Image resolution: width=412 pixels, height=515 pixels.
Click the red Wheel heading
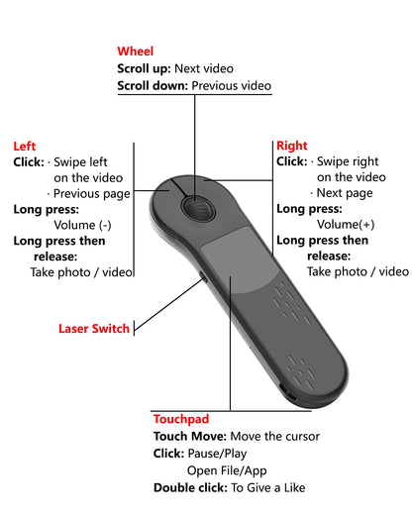[x=136, y=51]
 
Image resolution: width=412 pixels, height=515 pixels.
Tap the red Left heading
[x=25, y=146]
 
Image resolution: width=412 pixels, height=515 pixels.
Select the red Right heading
[x=292, y=146]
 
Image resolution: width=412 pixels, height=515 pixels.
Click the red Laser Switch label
[x=94, y=329]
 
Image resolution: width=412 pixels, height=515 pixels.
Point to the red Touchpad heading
[x=181, y=420]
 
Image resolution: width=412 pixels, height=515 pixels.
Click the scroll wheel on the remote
[x=196, y=207]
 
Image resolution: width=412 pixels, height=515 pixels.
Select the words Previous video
[x=231, y=86]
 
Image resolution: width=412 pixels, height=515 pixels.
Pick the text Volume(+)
[x=341, y=225]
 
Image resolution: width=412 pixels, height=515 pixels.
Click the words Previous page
[x=94, y=194]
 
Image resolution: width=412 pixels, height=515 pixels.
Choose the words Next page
[x=344, y=193]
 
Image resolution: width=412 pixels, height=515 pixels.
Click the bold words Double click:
[x=189, y=487]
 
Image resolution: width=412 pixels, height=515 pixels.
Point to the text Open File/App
[x=227, y=470]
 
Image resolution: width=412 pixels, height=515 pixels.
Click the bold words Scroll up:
[x=144, y=69]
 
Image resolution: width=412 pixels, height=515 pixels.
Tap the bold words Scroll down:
[x=153, y=86]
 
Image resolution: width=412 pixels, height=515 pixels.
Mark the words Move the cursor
[x=276, y=437]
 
